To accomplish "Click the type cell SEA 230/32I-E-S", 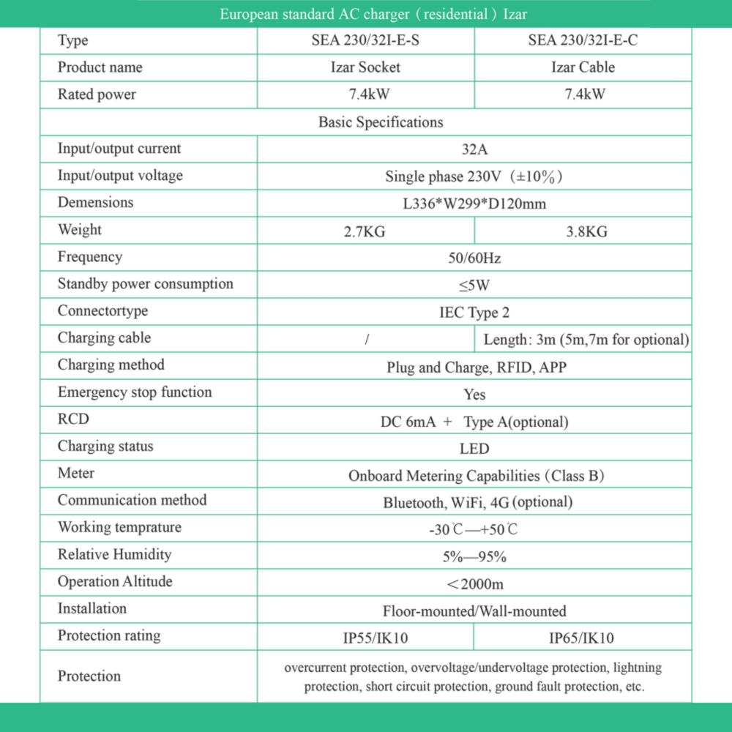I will (365, 41).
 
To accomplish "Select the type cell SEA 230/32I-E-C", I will (583, 41).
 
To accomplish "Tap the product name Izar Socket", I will (365, 67).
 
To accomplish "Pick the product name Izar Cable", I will (583, 67).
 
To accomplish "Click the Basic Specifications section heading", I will (381, 122).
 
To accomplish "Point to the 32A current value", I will (474, 149).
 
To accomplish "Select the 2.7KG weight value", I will (365, 232).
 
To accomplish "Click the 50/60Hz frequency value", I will (474, 258).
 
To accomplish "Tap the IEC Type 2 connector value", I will (474, 313).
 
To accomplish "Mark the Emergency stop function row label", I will (135, 392).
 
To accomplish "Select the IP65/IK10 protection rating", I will (582, 638).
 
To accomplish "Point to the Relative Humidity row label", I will (114, 555).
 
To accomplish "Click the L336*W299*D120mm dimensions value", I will (474, 203).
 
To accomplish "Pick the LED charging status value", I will (474, 448).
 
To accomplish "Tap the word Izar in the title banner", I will (515, 14).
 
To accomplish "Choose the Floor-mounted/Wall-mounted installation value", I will (474, 610).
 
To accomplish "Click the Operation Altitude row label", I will (115, 582).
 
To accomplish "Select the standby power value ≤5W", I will (474, 285).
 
